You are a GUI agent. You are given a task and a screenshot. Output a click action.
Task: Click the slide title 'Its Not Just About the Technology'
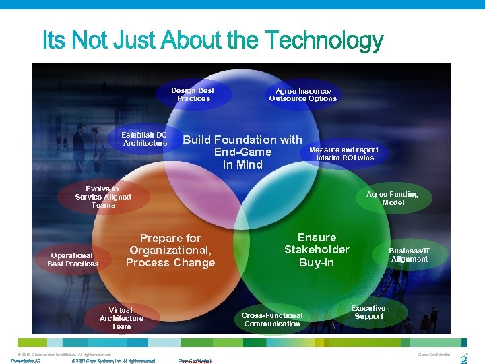click(x=213, y=42)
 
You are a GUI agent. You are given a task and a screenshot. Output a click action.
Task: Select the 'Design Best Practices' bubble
click(x=193, y=94)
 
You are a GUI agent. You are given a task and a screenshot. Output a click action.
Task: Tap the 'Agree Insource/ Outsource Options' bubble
click(x=302, y=94)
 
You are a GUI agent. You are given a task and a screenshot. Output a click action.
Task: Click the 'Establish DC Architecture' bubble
click(x=145, y=139)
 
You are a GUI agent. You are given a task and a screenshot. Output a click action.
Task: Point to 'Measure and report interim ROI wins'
click(x=344, y=154)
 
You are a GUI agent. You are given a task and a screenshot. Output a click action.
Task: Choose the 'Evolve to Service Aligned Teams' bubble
click(x=103, y=197)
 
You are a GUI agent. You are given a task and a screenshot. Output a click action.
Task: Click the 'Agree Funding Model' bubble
click(x=392, y=198)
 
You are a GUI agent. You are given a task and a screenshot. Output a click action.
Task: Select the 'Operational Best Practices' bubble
click(x=73, y=260)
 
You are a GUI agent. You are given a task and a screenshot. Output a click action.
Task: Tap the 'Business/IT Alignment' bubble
click(x=409, y=255)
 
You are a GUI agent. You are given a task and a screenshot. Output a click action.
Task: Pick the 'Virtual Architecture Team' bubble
click(x=121, y=318)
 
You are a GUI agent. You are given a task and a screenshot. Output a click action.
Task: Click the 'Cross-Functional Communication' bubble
click(x=273, y=320)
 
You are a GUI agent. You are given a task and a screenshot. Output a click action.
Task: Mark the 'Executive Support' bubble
click(x=368, y=312)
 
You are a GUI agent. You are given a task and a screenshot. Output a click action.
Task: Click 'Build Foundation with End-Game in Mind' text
click(x=243, y=152)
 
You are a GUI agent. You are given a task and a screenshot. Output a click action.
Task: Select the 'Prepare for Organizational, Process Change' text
click(x=170, y=250)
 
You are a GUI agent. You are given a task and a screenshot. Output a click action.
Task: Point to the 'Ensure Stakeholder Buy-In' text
click(x=317, y=249)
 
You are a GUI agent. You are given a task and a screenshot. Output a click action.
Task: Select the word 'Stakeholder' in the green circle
click(x=317, y=250)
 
